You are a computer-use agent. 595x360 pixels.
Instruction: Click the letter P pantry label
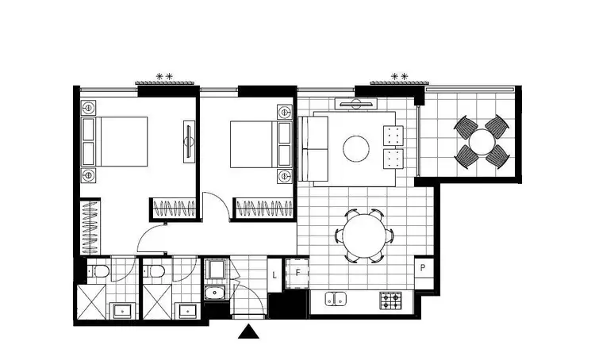click(425, 267)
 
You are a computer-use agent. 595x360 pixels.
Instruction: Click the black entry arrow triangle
click(249, 331)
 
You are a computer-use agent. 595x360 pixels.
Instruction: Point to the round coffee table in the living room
click(355, 148)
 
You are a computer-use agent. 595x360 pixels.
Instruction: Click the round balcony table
click(480, 143)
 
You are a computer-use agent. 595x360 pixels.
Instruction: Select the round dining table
click(363, 236)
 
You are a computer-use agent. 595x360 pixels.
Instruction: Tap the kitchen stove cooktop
click(390, 301)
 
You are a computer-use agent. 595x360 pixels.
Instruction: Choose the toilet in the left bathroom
click(99, 273)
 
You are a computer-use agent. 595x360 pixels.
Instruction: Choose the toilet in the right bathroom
click(156, 273)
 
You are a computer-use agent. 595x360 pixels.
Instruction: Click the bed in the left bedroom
click(119, 143)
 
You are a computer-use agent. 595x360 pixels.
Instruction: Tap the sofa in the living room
click(314, 147)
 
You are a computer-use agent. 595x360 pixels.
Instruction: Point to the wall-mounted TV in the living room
click(356, 102)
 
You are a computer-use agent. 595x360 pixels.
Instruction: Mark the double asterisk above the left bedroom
click(164, 77)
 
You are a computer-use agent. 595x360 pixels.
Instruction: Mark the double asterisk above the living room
click(399, 77)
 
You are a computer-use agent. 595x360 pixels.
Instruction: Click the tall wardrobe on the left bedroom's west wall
click(90, 227)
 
